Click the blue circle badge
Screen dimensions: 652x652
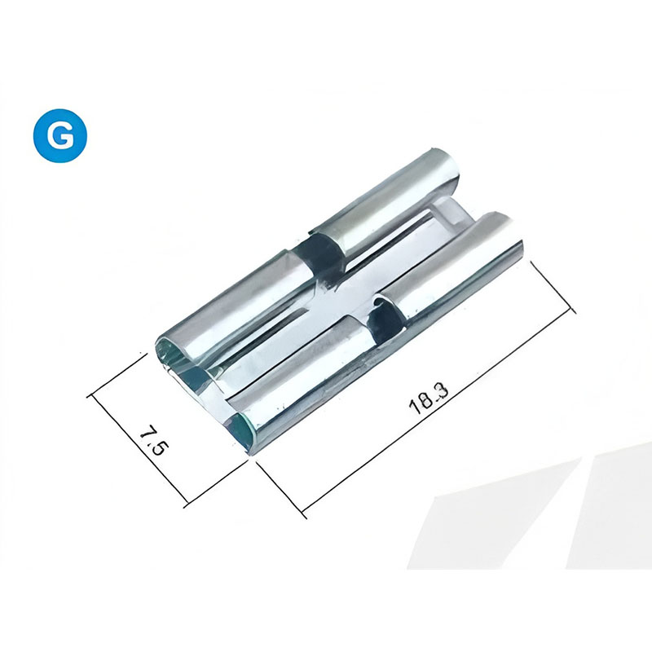[x=60, y=135]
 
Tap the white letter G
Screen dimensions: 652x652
[x=60, y=135]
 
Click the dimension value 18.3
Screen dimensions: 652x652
[x=430, y=399]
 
